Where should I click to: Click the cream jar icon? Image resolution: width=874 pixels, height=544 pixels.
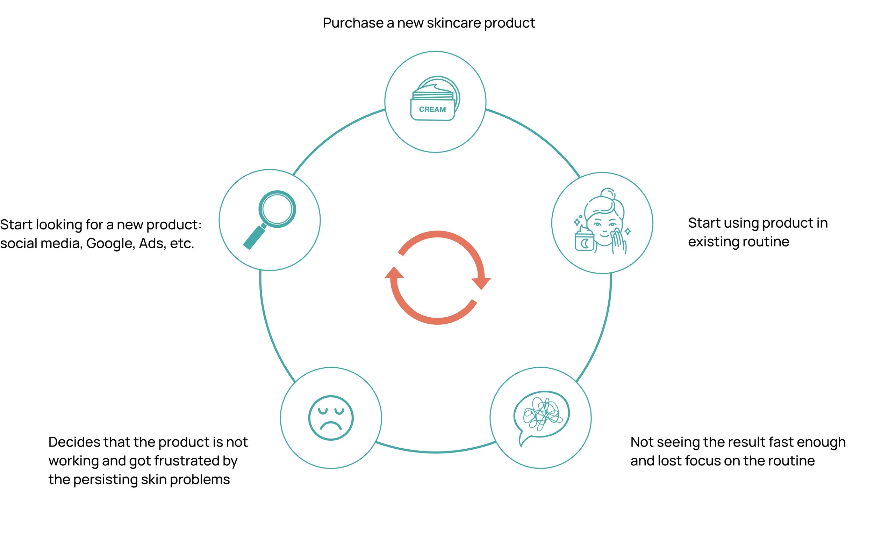point(435,98)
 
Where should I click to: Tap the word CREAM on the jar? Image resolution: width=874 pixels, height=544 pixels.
point(432,109)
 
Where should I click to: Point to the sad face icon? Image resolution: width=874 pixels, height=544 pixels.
point(331,418)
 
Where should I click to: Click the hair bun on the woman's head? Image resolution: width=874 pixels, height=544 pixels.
point(608,193)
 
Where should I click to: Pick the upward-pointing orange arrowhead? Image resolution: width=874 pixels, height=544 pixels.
point(394,273)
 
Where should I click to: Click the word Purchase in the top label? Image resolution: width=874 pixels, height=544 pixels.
point(353,23)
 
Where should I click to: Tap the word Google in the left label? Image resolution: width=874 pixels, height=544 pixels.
point(110,244)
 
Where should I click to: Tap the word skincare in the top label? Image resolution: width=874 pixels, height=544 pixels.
point(454,23)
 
